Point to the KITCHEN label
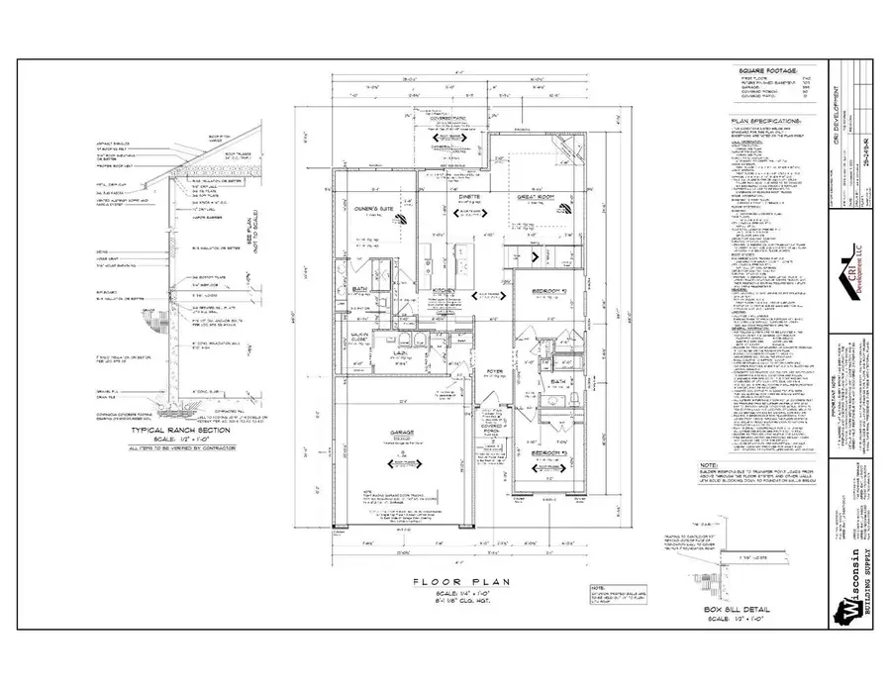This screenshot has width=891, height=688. [443, 290]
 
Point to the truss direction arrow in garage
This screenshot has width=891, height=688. [401, 462]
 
